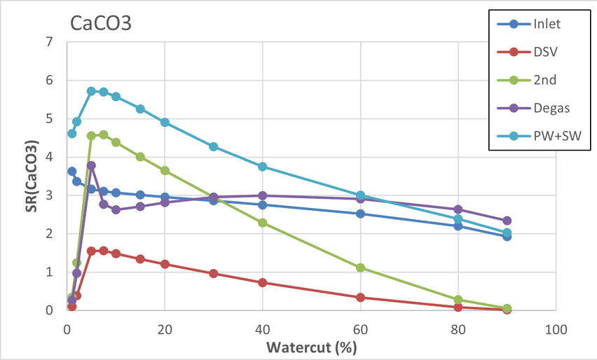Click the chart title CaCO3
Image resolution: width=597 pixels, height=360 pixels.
click(x=102, y=23)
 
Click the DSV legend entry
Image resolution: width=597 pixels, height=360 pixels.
click(x=545, y=52)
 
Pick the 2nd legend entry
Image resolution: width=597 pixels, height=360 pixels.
click(x=544, y=80)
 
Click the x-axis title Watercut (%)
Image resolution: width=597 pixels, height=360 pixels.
click(x=312, y=347)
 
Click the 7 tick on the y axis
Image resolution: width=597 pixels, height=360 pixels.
click(x=49, y=42)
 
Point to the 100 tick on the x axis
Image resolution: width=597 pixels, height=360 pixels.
click(x=556, y=328)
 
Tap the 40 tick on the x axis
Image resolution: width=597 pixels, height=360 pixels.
click(x=262, y=328)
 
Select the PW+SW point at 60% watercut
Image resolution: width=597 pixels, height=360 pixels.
click(x=360, y=195)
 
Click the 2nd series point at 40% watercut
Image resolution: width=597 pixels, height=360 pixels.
click(x=262, y=223)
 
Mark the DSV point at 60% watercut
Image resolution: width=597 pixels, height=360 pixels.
click(x=360, y=297)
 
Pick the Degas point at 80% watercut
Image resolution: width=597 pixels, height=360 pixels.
click(x=458, y=209)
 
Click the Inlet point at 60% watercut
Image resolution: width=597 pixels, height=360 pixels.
click(x=360, y=214)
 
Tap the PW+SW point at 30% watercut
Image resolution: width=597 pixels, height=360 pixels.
click(x=214, y=147)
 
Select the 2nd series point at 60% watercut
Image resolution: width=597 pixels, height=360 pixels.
click(x=360, y=268)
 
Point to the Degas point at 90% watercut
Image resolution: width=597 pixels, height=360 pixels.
click(x=507, y=221)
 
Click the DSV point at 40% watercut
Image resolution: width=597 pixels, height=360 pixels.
click(x=262, y=282)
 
